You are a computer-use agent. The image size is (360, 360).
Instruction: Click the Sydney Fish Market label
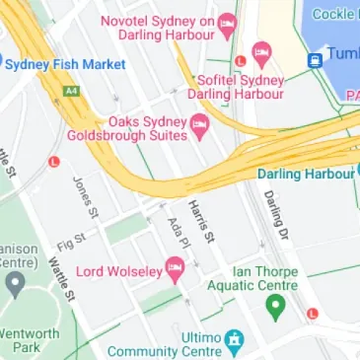[66, 65]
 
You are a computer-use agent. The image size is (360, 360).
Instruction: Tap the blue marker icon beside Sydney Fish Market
[2, 65]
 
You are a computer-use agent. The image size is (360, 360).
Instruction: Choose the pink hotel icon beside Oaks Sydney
[200, 123]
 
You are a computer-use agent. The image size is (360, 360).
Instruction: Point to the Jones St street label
[87, 197]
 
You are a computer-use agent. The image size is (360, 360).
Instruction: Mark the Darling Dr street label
[275, 211]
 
